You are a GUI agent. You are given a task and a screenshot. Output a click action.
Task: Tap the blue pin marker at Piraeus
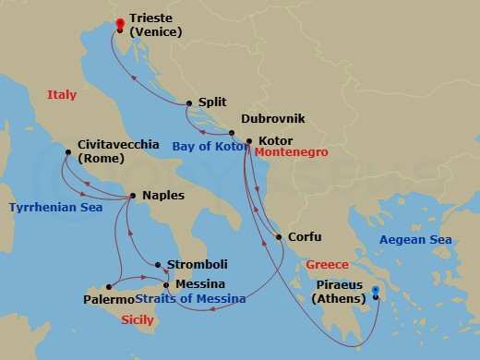(x=376, y=295)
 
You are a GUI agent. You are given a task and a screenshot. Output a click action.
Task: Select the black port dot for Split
(x=189, y=103)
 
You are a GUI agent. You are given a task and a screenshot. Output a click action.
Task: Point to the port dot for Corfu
(x=279, y=237)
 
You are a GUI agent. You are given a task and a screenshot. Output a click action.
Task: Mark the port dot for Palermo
(x=109, y=286)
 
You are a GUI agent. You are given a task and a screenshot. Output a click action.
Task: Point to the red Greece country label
(x=328, y=262)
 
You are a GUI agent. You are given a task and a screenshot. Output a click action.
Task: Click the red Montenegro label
(x=292, y=152)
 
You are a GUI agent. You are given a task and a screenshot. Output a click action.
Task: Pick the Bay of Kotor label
(x=206, y=145)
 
